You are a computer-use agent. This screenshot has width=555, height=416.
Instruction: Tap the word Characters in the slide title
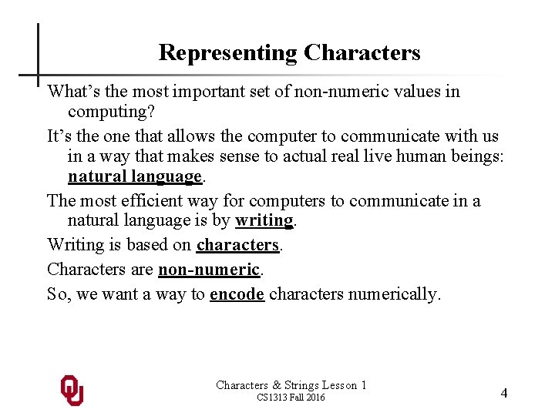362,53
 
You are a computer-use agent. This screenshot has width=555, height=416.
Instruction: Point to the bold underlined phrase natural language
135,176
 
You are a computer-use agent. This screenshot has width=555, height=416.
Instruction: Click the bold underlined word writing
264,220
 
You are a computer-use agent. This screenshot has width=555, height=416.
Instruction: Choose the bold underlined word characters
237,245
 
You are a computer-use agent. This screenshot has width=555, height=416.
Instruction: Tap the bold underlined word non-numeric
209,270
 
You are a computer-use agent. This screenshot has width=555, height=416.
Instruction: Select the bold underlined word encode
237,294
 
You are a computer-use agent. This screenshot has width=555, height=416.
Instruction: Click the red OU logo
72,391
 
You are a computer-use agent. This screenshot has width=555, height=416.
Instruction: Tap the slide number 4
504,393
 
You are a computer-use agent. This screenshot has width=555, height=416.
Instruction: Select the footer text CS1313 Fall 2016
291,398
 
